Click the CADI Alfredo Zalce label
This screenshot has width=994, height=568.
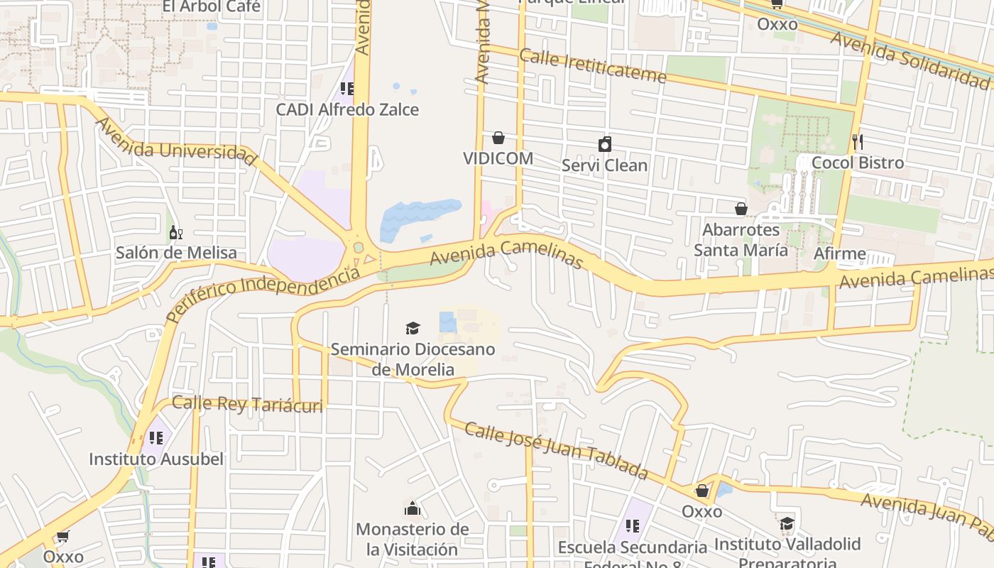coord(347,110)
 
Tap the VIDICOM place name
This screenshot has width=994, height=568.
coord(498,158)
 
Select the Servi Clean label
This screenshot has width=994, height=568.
coord(604,165)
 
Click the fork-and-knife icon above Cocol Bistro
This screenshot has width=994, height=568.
coord(858,141)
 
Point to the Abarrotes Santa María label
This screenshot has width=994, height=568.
coord(741,240)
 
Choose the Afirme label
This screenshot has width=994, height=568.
coord(840,253)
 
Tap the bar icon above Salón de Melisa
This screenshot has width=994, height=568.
coord(175,232)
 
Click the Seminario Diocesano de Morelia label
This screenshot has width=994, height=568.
coord(413,359)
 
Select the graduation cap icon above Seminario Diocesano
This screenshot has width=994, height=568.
coord(413,328)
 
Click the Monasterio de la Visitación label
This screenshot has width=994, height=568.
coord(413,540)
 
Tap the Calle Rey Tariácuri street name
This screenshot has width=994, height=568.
coord(247,405)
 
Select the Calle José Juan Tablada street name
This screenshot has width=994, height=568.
coord(557,449)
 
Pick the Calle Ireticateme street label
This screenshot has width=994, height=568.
coord(593,65)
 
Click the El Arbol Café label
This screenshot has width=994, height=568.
coord(212,7)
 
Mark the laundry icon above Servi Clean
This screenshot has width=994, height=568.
coord(605,145)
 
